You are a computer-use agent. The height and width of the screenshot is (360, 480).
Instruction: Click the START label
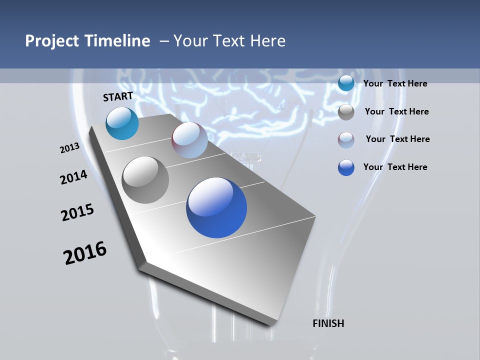118,96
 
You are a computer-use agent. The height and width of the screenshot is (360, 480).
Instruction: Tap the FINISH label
328,323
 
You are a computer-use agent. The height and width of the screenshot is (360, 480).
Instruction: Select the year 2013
70,148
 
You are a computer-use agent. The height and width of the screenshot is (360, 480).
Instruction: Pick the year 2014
74,177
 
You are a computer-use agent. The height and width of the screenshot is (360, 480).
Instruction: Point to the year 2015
77,212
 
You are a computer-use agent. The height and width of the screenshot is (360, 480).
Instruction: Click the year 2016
85,253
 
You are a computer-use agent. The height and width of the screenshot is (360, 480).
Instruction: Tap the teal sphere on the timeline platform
122,123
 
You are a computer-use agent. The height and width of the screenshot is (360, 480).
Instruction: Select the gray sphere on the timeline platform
145,180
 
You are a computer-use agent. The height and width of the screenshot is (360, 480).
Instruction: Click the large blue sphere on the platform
216,207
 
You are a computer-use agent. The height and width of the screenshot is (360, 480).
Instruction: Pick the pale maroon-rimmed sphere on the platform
189,140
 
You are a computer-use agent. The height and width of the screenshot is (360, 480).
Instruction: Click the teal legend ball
346,83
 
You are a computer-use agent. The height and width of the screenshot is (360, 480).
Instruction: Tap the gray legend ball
346,112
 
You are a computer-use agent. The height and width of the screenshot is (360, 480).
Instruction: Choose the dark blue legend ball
346,167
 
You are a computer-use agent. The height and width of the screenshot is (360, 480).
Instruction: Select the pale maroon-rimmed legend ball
346,140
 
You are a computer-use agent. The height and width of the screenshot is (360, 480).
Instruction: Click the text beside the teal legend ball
395,83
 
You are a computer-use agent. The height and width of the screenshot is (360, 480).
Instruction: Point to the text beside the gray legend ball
396,111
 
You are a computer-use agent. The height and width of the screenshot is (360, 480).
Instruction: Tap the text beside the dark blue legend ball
395,167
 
